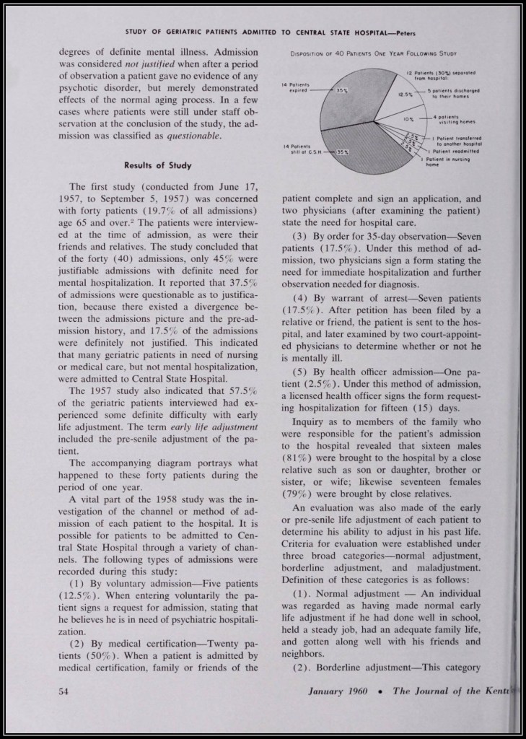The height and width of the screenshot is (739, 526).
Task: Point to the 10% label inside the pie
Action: point(408,118)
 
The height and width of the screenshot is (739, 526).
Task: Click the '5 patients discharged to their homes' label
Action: point(455,93)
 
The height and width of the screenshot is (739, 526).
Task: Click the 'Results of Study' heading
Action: point(157,166)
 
